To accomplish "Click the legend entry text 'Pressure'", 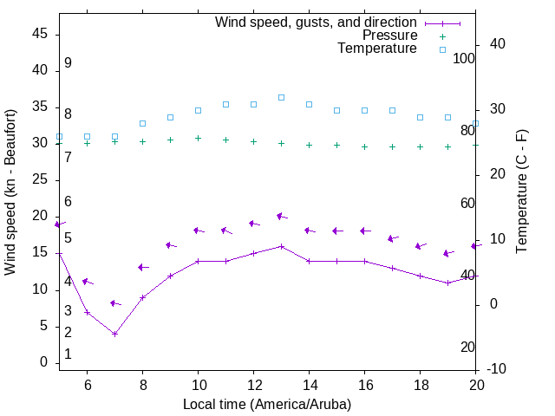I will (388, 36).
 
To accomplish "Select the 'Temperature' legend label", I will (377, 49).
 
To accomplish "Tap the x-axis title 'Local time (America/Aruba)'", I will (267, 404).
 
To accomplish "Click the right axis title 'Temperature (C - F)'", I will (521, 192).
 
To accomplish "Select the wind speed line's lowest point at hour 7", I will (114, 334).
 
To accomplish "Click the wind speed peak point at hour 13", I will (281, 246).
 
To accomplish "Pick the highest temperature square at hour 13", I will (281, 97).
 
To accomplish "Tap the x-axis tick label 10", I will (198, 384).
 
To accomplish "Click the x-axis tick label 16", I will (364, 384).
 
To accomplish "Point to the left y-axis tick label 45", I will (40, 34).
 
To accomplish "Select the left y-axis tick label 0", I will (44, 363).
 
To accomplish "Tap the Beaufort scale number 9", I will (68, 63).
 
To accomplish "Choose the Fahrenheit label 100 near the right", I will (465, 58).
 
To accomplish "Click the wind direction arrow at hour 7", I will (114, 303).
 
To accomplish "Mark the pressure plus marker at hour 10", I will (198, 138).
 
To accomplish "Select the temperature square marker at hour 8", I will (142, 124).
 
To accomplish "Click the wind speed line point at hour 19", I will (447, 283).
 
